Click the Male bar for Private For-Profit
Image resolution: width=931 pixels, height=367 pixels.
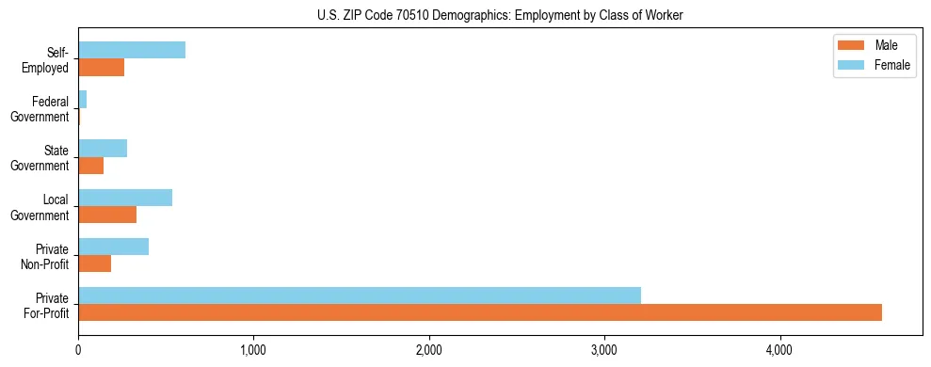(480, 312)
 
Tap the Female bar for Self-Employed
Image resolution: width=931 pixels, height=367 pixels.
(132, 51)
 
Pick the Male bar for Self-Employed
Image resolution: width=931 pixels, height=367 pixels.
(102, 68)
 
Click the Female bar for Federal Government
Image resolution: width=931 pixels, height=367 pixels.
(83, 100)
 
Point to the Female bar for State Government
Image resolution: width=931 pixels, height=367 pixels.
(103, 149)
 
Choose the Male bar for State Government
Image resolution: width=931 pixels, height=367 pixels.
(91, 166)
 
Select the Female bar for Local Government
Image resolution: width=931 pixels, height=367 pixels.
(125, 198)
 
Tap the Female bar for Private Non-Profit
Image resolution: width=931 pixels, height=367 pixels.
(114, 247)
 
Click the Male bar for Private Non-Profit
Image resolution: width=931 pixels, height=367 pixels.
(95, 263)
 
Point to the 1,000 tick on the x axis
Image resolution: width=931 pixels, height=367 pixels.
(253, 350)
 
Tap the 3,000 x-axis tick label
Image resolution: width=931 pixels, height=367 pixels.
(604, 350)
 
